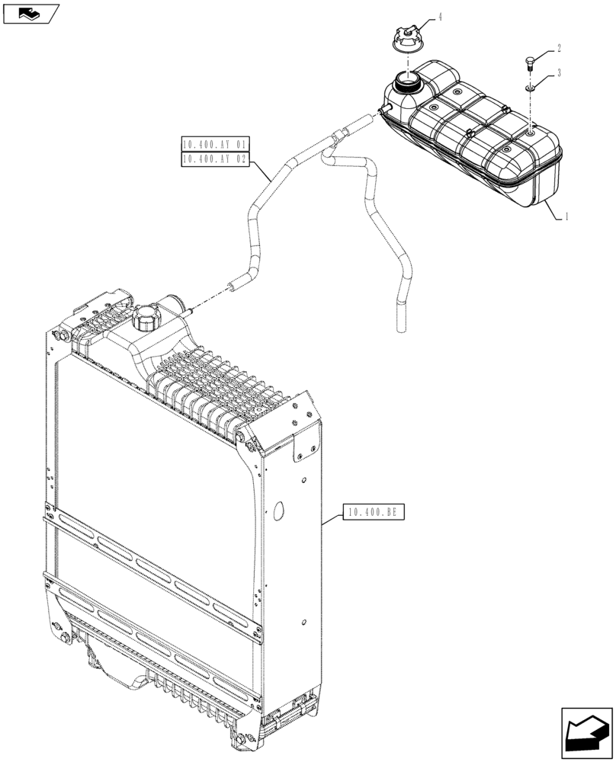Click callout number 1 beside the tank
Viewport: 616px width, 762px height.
(566, 216)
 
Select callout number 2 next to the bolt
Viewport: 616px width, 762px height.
(559, 48)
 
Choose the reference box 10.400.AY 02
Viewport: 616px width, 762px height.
(214, 158)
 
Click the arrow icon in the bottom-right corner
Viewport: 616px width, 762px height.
(586, 733)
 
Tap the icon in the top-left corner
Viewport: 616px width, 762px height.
(30, 13)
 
